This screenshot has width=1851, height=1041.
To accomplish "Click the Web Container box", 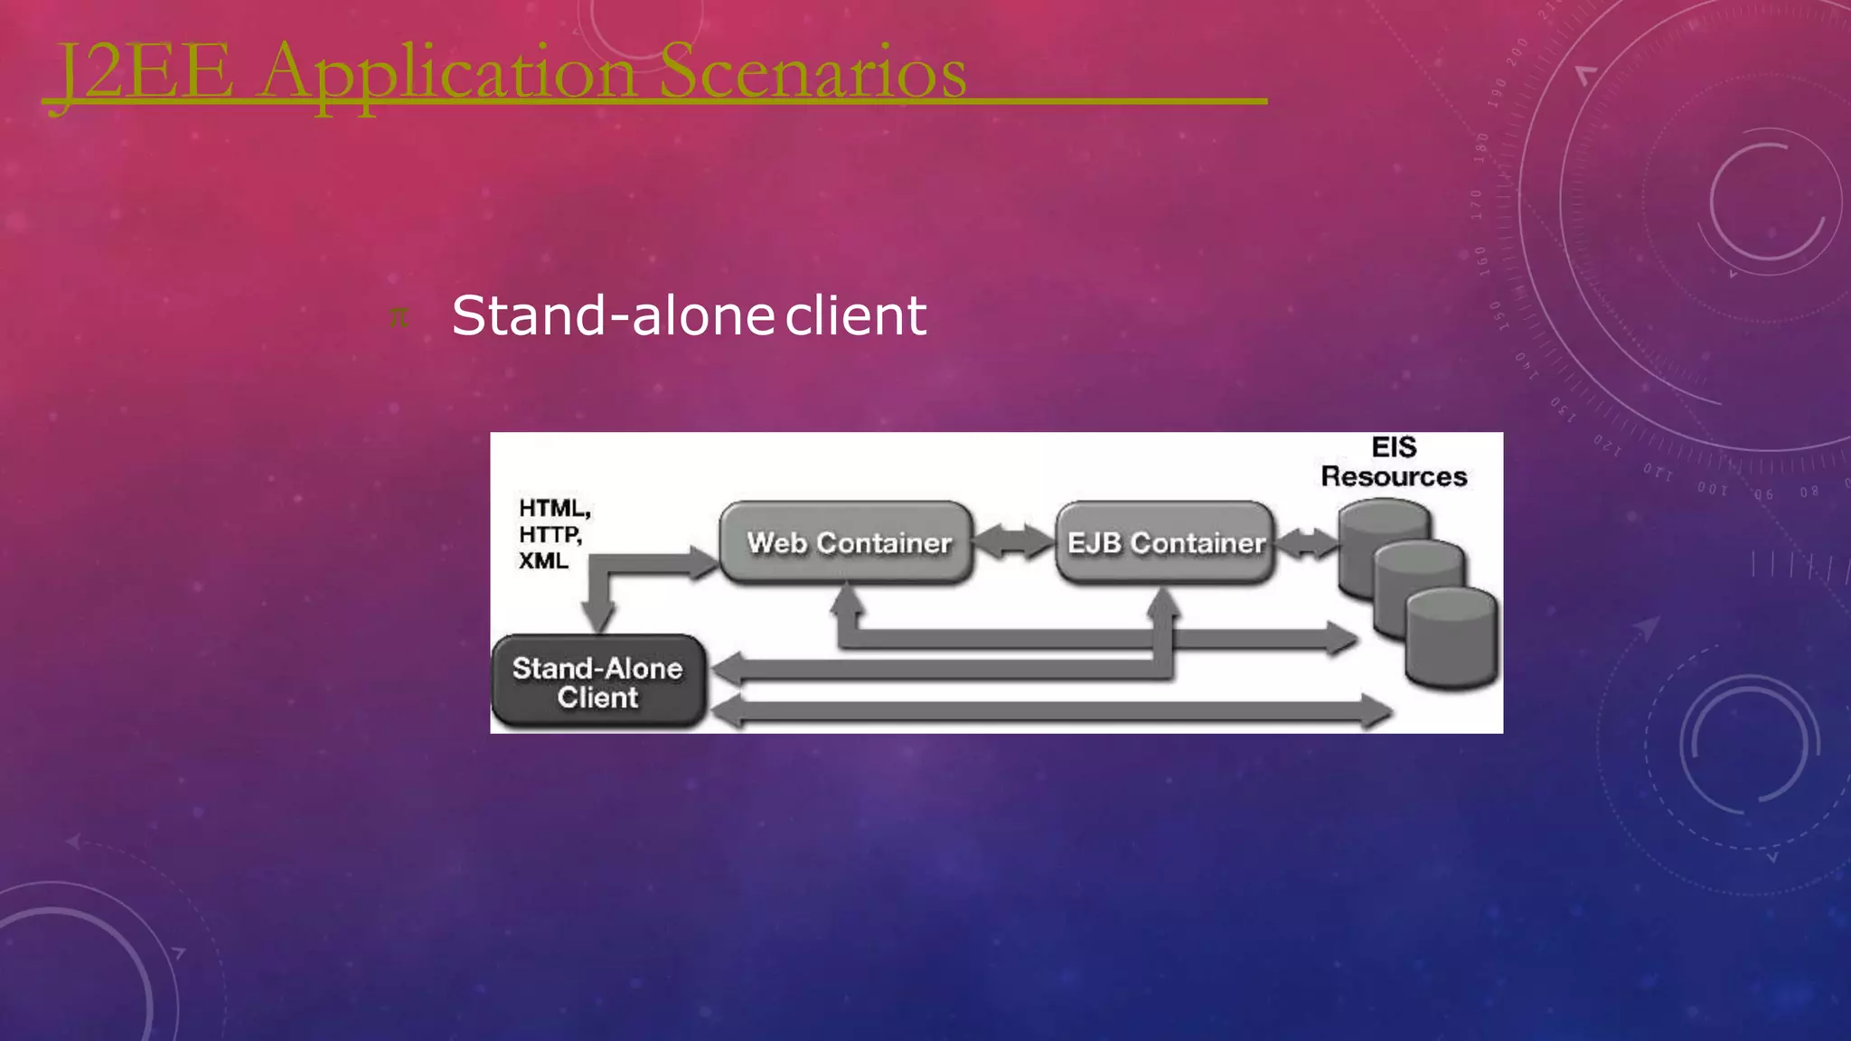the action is (847, 543).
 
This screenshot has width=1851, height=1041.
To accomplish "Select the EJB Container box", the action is (1165, 543).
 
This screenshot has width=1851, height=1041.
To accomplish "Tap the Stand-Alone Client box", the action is (597, 682).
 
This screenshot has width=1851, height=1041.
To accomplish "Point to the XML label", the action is (543, 561).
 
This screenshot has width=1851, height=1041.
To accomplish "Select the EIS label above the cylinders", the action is (1394, 447).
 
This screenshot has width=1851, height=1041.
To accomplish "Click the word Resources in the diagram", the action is (1394, 476).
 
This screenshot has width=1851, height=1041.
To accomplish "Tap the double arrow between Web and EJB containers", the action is (1014, 542).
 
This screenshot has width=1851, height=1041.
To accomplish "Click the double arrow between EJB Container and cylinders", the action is (1306, 543).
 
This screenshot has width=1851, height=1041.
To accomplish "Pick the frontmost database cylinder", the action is (1452, 637).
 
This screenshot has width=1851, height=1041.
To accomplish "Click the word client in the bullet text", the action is (856, 315).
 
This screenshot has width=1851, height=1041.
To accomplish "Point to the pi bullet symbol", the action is (399, 317).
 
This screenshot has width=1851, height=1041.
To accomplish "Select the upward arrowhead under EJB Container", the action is (1164, 603).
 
